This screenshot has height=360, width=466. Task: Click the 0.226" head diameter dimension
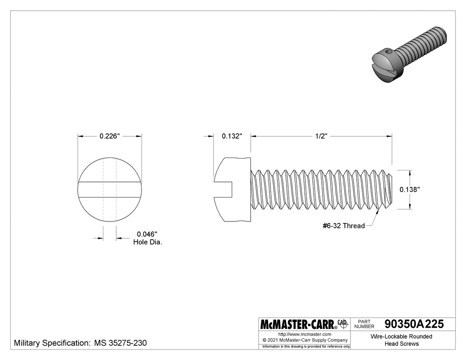pos(110,136)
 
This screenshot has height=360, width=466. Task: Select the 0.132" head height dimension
pos(232,136)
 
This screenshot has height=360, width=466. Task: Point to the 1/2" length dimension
pos(321,136)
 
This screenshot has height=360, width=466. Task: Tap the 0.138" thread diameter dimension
pos(410,189)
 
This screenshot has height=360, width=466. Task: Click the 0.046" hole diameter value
pos(147,234)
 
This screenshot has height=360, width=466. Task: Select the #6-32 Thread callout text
pos(344,226)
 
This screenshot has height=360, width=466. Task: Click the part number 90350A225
pos(414,324)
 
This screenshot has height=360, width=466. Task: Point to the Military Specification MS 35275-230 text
pos(81,343)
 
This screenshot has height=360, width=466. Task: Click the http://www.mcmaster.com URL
pos(304,334)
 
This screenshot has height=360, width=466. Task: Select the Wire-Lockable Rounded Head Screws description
pos(401,340)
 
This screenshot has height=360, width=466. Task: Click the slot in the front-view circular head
pos(110,190)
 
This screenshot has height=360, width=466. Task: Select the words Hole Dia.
pos(147,242)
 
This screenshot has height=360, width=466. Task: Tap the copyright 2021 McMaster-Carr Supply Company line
pos(304,340)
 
